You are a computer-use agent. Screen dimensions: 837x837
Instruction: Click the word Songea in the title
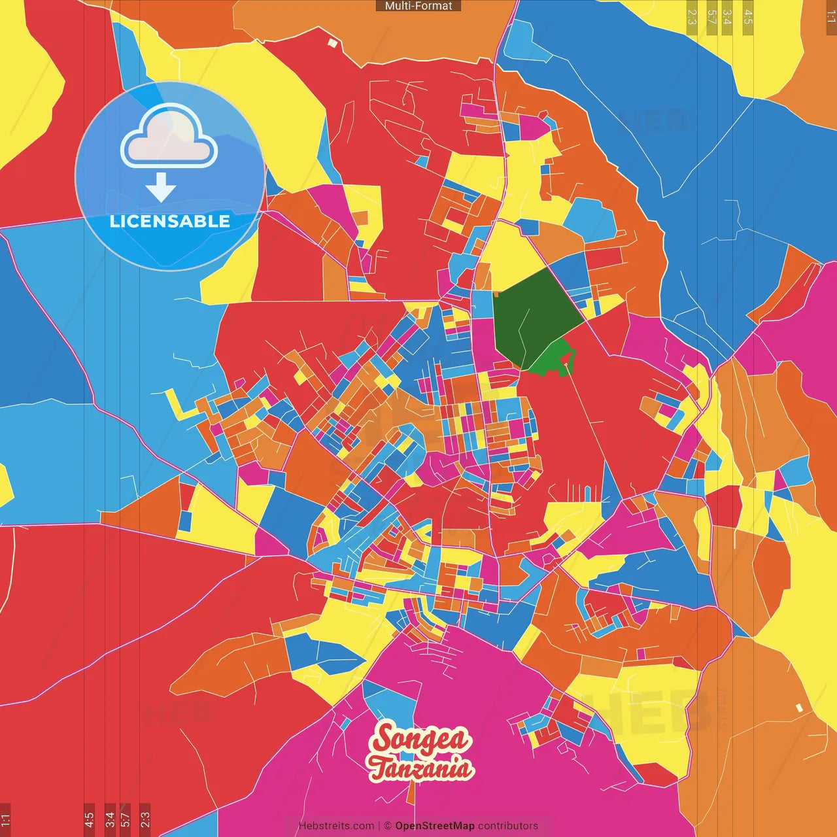pyautogui.click(x=420, y=739)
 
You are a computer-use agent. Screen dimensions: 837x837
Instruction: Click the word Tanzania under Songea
pyautogui.click(x=420, y=768)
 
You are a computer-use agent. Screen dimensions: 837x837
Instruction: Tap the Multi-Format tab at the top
pyautogui.click(x=418, y=6)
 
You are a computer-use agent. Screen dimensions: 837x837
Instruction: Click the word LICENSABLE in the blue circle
pyautogui.click(x=169, y=221)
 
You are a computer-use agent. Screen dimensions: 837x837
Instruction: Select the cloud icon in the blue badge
pyautogui.click(x=169, y=136)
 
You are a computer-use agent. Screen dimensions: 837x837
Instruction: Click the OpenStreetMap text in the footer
pyautogui.click(x=434, y=826)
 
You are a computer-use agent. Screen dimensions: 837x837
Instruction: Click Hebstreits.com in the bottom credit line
pyautogui.click(x=336, y=826)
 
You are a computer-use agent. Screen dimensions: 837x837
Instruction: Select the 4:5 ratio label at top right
pyautogui.click(x=748, y=16)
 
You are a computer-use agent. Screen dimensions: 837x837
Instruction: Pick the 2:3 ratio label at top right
pyautogui.click(x=692, y=16)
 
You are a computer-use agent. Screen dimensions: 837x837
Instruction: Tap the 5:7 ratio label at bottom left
pyautogui.click(x=125, y=819)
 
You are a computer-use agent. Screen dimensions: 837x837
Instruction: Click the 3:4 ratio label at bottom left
pyautogui.click(x=110, y=819)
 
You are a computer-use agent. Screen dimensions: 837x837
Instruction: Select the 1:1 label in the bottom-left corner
pyautogui.click(x=5, y=819)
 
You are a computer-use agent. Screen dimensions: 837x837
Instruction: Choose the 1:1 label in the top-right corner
pyautogui.click(x=830, y=16)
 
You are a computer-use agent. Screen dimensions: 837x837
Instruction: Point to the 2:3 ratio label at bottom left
pyautogui.click(x=145, y=819)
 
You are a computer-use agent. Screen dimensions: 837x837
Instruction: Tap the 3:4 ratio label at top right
pyautogui.click(x=726, y=16)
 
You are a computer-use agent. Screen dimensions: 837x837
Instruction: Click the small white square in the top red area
pyautogui.click(x=332, y=43)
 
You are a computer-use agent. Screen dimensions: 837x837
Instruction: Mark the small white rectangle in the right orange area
pyautogui.click(x=799, y=708)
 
